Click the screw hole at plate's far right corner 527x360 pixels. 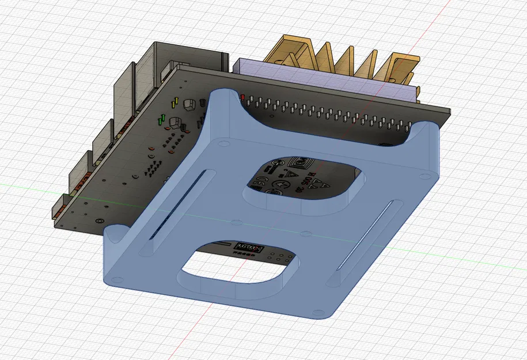425,175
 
